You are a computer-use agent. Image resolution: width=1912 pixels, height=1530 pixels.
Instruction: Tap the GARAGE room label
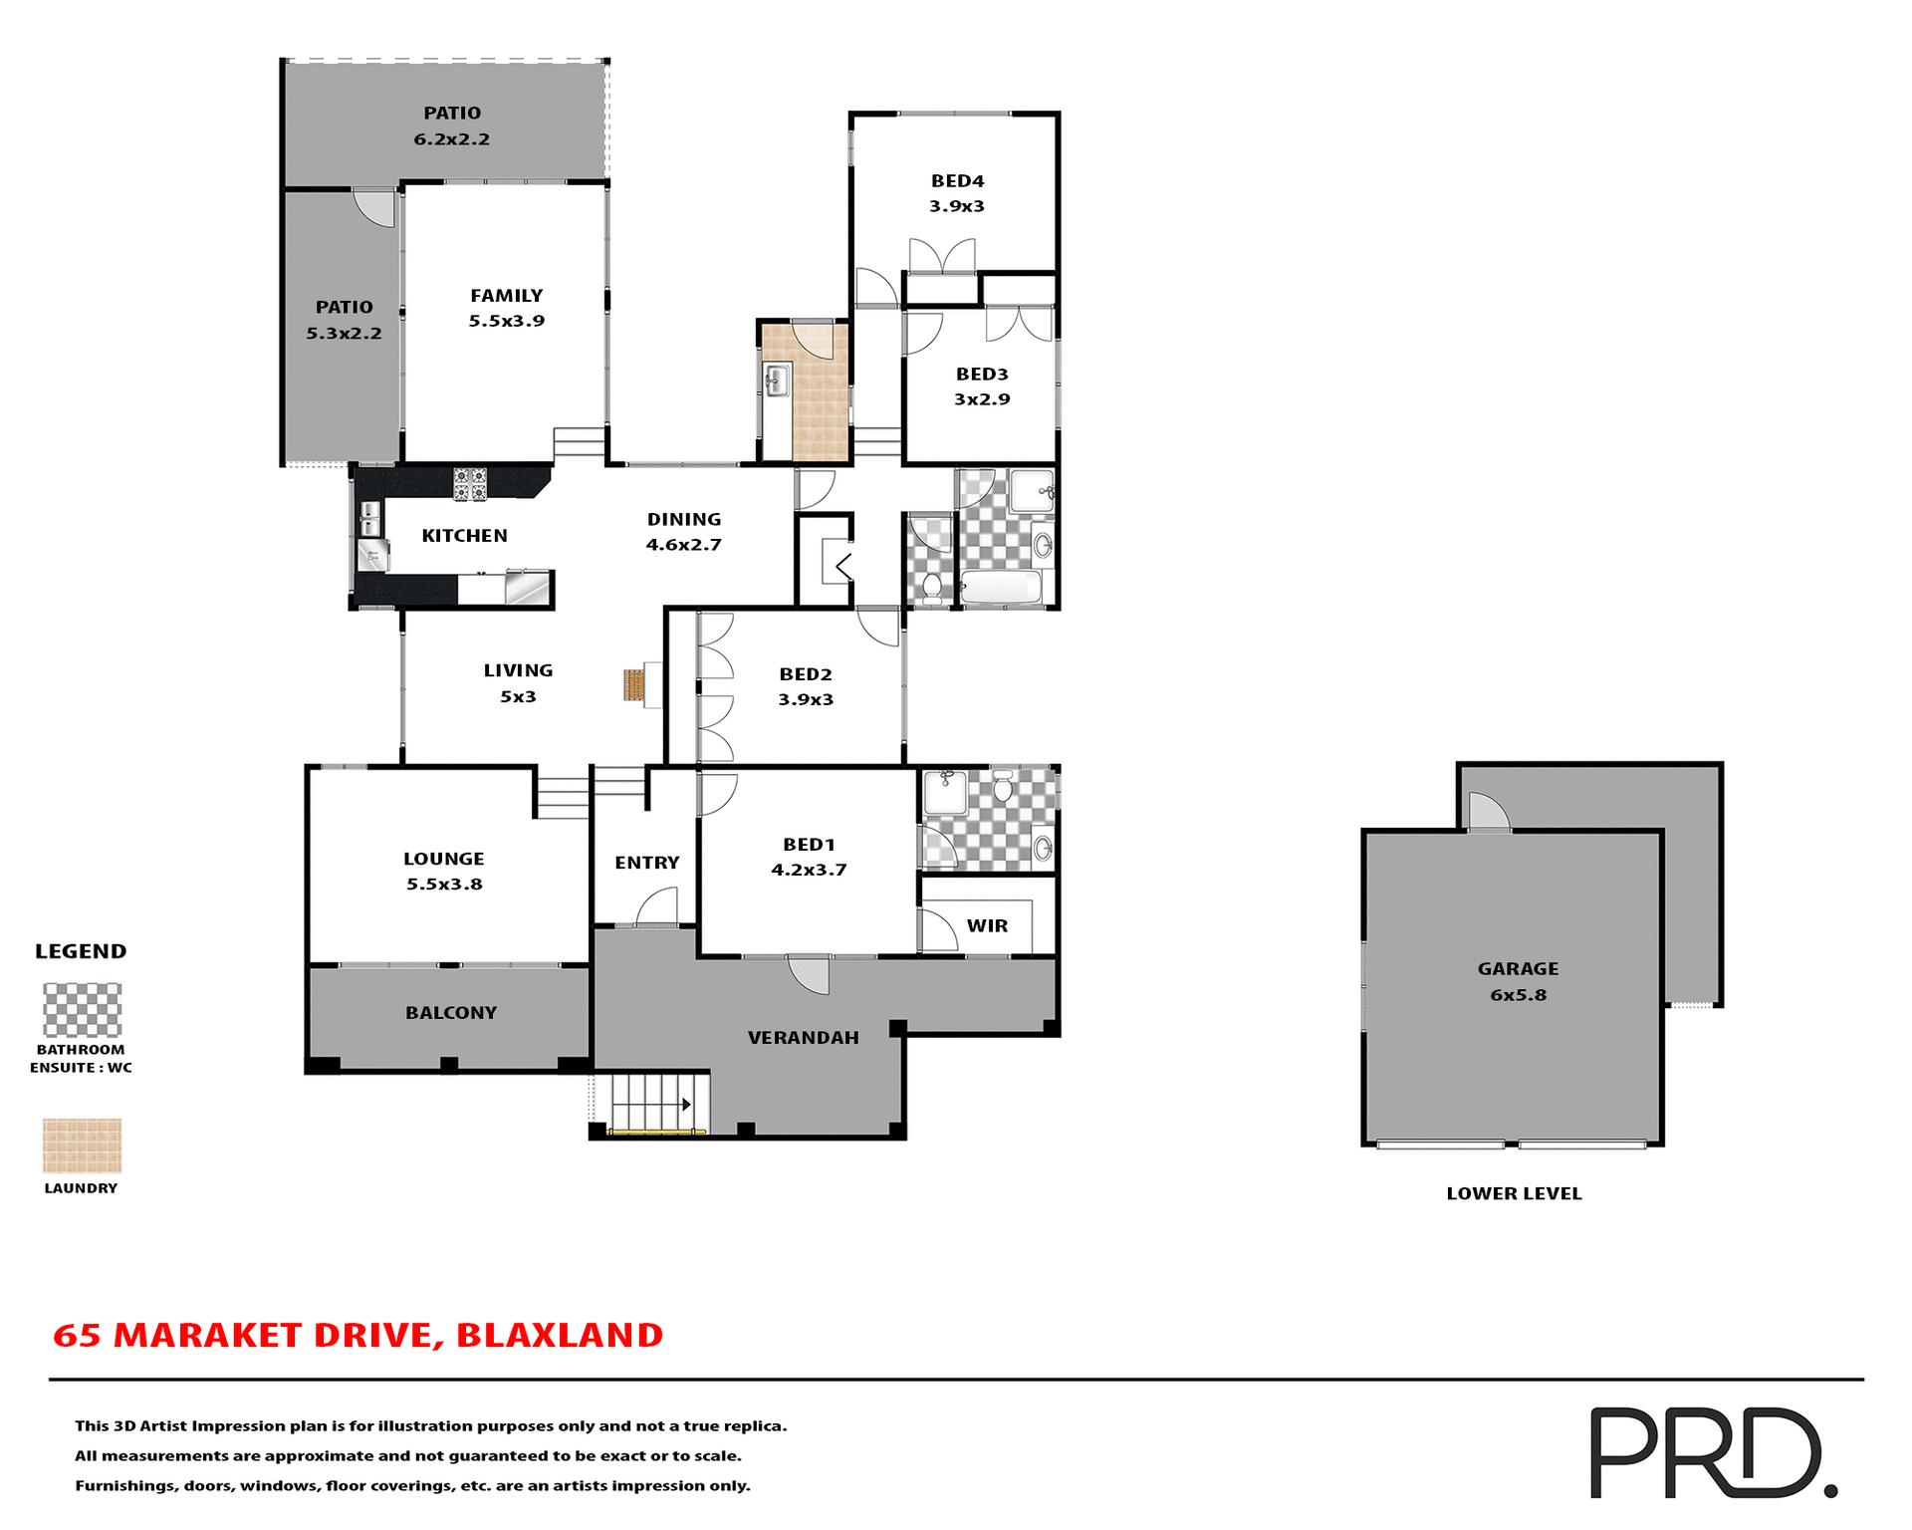pyautogui.click(x=1518, y=968)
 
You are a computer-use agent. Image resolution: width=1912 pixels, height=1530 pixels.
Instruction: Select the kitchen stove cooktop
pyautogui.click(x=470, y=483)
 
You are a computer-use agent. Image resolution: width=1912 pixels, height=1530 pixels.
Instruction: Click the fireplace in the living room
pyautogui.click(x=634, y=685)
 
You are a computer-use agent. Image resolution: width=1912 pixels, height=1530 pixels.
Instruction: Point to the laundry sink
pyautogui.click(x=776, y=380)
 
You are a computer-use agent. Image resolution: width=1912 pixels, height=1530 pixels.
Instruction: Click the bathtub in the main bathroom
pyautogui.click(x=1001, y=588)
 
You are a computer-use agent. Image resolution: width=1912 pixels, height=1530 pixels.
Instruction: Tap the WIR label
pyautogui.click(x=987, y=925)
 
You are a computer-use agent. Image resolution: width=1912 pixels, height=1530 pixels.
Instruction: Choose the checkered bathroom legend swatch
pyautogui.click(x=82, y=1010)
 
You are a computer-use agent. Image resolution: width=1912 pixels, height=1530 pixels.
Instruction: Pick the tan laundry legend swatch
pyautogui.click(x=82, y=1146)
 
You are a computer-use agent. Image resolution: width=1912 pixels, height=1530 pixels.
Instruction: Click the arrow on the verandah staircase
pyautogui.click(x=686, y=1105)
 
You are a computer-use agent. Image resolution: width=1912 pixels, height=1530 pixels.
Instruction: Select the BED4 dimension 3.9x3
pyautogui.click(x=957, y=206)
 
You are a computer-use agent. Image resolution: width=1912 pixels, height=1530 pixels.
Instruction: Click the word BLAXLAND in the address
pyautogui.click(x=560, y=1335)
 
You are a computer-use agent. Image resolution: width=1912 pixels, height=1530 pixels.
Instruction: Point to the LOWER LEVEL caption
pyautogui.click(x=1514, y=1193)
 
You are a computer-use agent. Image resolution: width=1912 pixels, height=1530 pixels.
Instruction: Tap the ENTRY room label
pyautogui.click(x=647, y=863)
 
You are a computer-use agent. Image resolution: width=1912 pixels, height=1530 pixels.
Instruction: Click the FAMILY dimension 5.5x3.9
pyautogui.click(x=507, y=321)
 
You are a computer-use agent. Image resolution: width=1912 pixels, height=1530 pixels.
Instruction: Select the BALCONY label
pyautogui.click(x=451, y=1013)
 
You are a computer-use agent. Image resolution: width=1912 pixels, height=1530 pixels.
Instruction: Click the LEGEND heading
pyautogui.click(x=81, y=951)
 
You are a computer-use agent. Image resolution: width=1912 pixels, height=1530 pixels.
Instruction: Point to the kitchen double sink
pyautogui.click(x=369, y=518)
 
